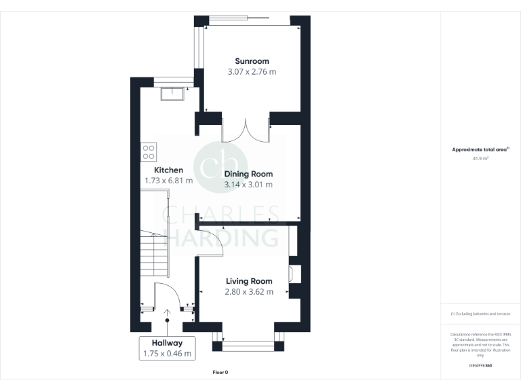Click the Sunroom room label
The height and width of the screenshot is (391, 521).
coord(250,60)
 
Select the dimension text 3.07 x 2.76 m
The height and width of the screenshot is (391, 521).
coord(250,71)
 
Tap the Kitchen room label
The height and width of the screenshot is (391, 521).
coord(168,170)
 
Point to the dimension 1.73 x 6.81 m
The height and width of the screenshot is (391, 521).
coord(168,181)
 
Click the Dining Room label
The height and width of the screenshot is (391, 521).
coord(248,173)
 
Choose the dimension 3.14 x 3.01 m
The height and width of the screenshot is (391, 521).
coord(248,184)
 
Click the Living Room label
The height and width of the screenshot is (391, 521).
coord(249,281)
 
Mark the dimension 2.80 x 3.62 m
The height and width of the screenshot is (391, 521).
coord(249,292)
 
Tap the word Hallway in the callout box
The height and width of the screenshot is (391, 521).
coord(167,343)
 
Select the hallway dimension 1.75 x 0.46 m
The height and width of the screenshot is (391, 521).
coord(167,354)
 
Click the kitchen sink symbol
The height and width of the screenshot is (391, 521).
coord(173,94)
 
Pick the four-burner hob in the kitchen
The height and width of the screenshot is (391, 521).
coord(148,151)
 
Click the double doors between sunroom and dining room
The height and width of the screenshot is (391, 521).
coord(246,129)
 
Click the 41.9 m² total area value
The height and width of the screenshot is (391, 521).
coord(481,157)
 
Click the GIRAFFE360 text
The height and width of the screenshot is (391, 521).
coord(481,366)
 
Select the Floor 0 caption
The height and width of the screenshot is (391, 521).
coord(220,372)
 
